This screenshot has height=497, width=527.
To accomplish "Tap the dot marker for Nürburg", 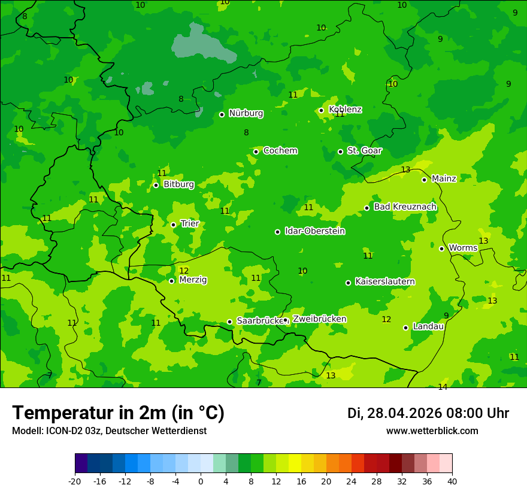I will click(x=222, y=114).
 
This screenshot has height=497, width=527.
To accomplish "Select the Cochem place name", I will click(x=280, y=151).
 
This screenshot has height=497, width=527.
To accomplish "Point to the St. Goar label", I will click(x=364, y=151).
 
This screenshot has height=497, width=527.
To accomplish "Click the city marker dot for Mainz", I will click(x=424, y=180).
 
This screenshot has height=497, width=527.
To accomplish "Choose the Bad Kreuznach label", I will click(x=405, y=207).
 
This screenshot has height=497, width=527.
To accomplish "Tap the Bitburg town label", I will click(x=178, y=184).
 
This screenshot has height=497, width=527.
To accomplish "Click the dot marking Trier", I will click(x=173, y=225).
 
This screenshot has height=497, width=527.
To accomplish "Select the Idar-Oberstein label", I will click(x=314, y=231).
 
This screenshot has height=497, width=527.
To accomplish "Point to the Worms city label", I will click(x=463, y=248).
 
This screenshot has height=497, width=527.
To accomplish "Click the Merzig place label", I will click(x=193, y=280).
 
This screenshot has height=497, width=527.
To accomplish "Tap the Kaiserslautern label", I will click(x=384, y=281).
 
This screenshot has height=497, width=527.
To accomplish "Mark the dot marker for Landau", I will click(x=405, y=328).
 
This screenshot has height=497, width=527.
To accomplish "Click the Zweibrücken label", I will click(x=319, y=319).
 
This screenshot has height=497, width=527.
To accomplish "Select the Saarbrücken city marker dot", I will click(x=229, y=322).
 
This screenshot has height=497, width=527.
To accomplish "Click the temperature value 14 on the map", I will click(x=443, y=387).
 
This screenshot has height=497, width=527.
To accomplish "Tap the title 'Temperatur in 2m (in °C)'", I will click(x=118, y=413).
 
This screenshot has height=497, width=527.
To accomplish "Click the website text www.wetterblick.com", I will click(x=432, y=431).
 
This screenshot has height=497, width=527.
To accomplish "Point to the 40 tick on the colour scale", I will click(x=452, y=481).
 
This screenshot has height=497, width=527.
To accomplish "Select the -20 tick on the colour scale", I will click(x=75, y=481).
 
